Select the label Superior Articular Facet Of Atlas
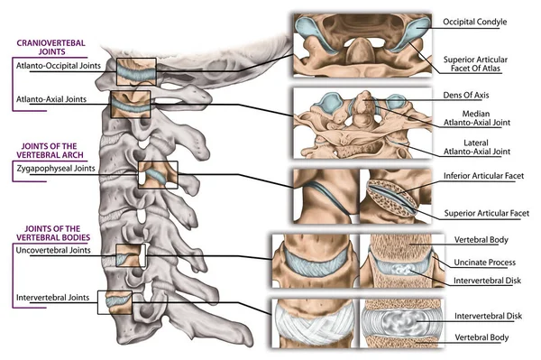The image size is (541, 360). [x=481, y=65]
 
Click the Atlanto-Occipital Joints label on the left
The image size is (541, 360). [x=53, y=67]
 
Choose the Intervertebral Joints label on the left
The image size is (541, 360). [x=51, y=297]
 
